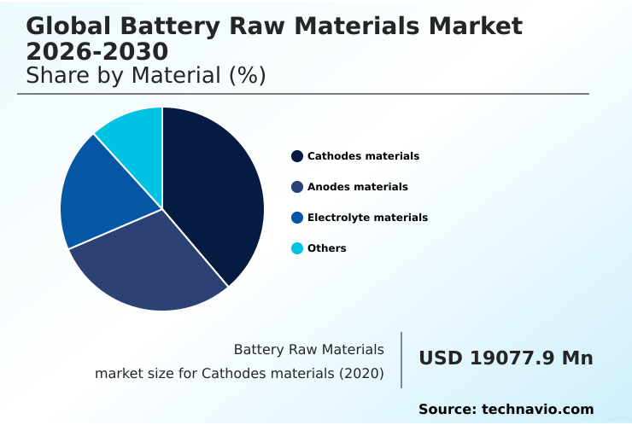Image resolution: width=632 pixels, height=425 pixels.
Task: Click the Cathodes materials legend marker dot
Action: (297, 156)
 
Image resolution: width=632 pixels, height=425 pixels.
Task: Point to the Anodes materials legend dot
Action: (297, 187)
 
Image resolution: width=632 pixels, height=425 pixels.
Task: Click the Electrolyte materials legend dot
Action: (297, 218)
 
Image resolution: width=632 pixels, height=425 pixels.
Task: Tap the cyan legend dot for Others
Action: (297, 248)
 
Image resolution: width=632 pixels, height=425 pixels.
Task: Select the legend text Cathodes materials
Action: (363, 156)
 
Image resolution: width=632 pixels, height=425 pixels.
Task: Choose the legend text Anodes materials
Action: (357, 187)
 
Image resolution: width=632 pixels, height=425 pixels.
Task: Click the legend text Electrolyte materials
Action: (367, 218)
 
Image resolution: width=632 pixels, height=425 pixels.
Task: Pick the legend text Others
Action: (326, 248)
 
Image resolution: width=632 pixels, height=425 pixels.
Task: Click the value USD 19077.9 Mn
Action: (506, 358)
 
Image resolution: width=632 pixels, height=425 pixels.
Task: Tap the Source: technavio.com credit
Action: (506, 410)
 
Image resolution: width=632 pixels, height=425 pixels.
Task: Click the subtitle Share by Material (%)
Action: (146, 76)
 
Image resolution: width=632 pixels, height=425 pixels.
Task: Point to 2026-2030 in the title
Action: (97, 52)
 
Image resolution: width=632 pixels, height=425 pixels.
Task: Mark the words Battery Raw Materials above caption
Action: (308, 350)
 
